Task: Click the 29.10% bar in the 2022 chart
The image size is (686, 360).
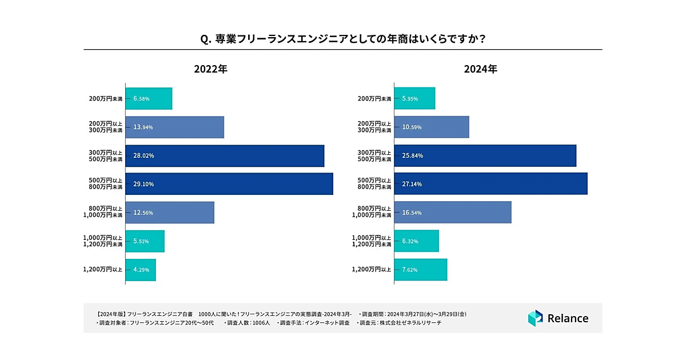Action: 229,184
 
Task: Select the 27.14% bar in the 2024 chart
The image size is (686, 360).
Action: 490,184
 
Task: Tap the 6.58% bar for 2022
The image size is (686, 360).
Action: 149,98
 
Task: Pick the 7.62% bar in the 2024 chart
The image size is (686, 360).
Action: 420,270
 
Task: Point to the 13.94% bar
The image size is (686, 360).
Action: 174,127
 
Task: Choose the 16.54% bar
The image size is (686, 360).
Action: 452,213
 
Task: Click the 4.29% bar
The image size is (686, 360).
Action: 141,270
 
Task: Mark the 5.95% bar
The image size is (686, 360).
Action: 414,98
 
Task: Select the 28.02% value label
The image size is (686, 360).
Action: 143,155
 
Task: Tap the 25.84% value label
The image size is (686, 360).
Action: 412,155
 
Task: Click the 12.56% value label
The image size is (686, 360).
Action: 143,213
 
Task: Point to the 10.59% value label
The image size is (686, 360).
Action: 412,127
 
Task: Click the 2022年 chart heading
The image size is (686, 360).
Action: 211,69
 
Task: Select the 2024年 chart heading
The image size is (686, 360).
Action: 480,69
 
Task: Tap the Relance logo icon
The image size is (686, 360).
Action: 535,318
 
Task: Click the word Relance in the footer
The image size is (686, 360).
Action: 568,318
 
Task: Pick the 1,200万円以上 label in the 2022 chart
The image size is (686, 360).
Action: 102,270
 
